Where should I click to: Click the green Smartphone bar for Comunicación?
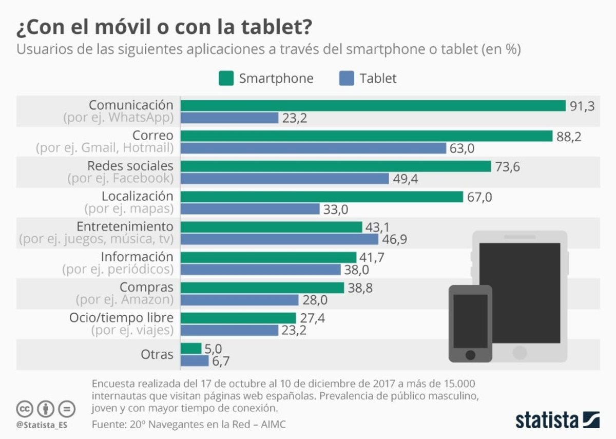(x=373, y=106)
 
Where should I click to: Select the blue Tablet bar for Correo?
(x=313, y=148)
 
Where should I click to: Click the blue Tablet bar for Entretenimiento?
(x=279, y=239)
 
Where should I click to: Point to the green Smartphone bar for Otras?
(x=191, y=349)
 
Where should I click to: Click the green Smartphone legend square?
(x=225, y=79)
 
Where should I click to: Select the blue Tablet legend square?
(x=346, y=79)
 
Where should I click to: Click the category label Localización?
(x=138, y=196)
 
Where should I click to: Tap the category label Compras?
(x=146, y=287)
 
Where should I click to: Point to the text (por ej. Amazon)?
(x=125, y=299)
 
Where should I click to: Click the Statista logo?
(x=557, y=419)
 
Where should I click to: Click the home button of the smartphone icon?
(x=470, y=354)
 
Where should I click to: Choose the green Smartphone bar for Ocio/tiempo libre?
(x=238, y=318)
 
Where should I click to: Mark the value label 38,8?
(x=360, y=288)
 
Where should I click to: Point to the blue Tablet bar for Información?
(x=260, y=270)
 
